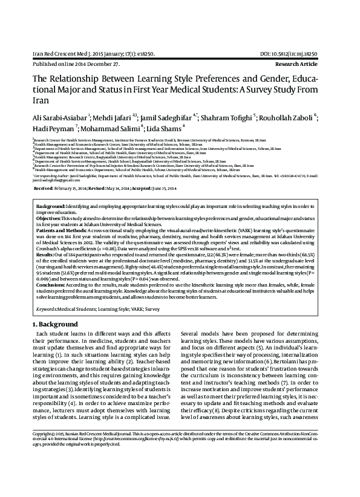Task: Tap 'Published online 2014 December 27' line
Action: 68,62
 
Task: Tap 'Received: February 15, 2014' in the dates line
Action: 68,188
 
